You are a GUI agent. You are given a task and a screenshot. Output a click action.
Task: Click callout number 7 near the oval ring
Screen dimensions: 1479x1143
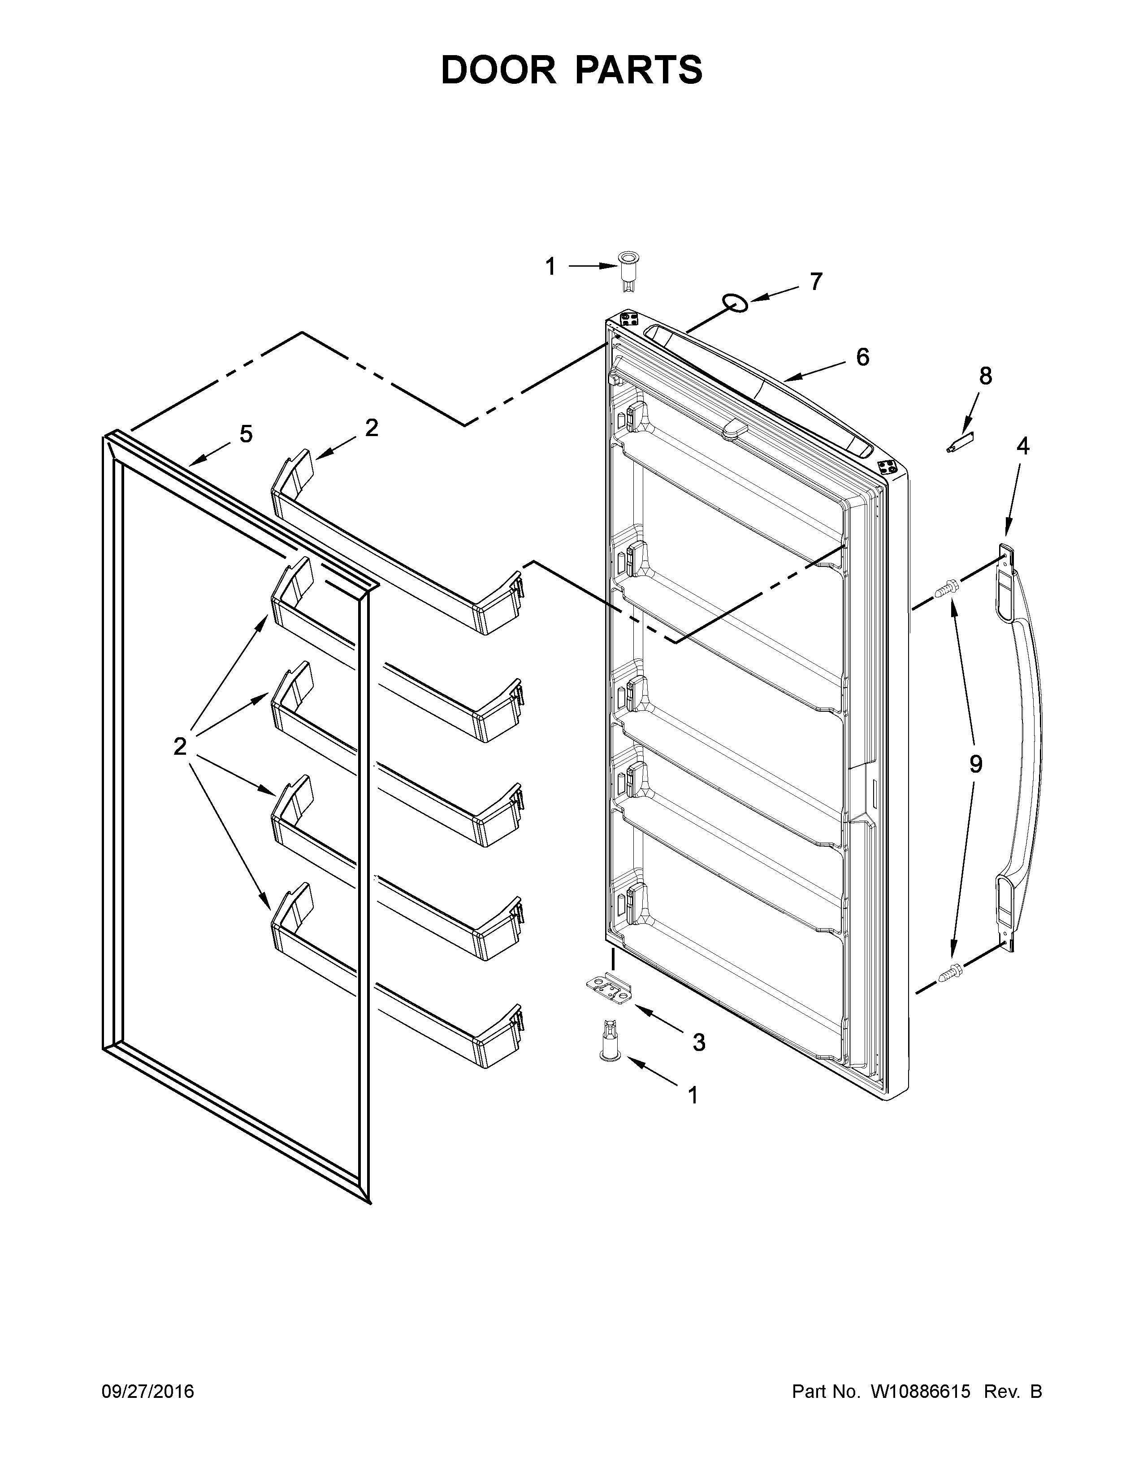(816, 281)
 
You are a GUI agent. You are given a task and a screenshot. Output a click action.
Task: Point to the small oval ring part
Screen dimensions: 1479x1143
(735, 303)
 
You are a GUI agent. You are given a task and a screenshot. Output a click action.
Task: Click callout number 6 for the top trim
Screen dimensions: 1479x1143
(862, 357)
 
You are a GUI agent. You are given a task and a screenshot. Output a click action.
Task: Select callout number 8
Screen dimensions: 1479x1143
(985, 376)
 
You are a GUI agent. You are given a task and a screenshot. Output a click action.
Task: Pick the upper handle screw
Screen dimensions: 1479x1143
(945, 590)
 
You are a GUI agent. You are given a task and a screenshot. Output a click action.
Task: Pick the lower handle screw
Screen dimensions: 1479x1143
(950, 973)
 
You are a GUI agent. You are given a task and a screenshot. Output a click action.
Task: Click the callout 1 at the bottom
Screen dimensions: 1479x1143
(693, 1095)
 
